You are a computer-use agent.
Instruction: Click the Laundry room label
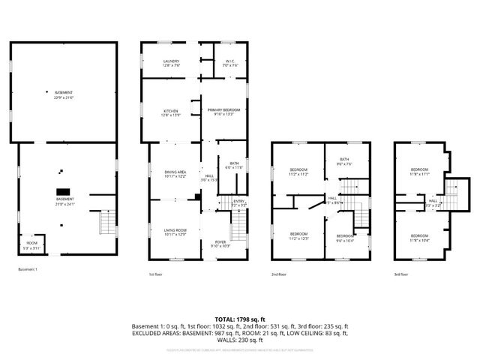coord(171,63)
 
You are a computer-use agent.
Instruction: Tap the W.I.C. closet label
coord(230,63)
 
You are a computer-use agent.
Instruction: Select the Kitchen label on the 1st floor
coord(171,112)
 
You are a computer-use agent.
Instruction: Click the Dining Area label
coord(175,174)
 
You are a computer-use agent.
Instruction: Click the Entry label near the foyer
coord(239,202)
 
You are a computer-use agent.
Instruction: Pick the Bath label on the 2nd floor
coord(343,160)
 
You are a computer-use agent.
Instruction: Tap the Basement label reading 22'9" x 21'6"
coord(64,95)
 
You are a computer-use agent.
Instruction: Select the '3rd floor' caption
coord(402,274)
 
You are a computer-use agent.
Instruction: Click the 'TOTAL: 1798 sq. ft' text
coord(240,319)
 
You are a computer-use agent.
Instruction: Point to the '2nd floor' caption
coord(279,274)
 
